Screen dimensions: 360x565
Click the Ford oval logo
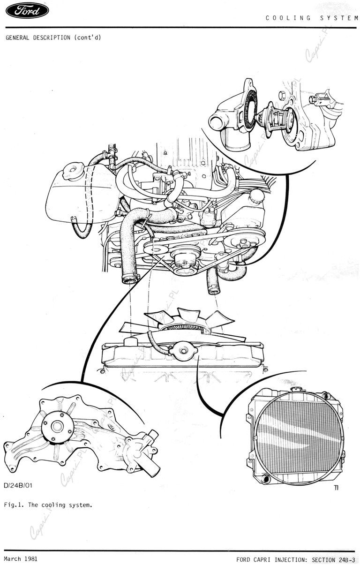pos(27,11)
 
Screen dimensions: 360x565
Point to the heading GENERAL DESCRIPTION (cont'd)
pos(53,38)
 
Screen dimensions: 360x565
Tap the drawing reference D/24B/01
pos(18,485)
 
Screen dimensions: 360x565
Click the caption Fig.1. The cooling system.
pos(48,505)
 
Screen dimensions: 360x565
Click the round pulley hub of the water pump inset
pos(58,427)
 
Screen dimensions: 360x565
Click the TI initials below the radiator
pos(336,488)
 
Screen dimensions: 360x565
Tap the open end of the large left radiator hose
pos(130,280)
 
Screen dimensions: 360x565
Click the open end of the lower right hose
pos(214,292)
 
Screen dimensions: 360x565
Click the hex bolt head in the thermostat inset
pos(282,95)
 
